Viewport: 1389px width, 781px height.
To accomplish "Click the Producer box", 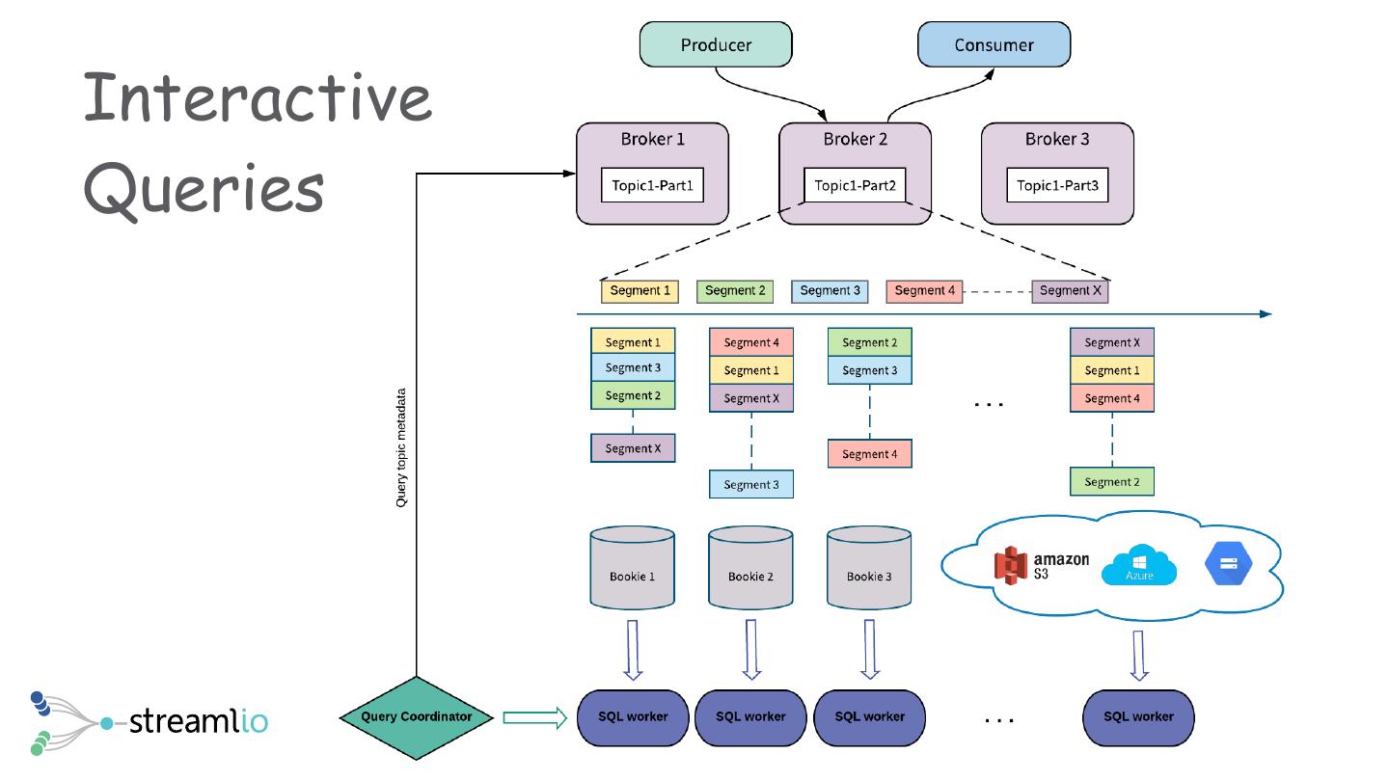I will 716,45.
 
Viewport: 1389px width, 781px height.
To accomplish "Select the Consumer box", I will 994,45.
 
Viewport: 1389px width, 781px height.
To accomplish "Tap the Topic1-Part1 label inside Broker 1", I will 652,185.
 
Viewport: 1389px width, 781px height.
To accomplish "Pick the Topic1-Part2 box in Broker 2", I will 855,185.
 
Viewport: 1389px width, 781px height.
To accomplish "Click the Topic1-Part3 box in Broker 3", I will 1057,185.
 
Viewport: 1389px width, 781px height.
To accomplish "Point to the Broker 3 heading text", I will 1057,140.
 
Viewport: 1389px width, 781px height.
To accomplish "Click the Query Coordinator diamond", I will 417,717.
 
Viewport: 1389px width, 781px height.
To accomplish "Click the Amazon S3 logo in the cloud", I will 1041,565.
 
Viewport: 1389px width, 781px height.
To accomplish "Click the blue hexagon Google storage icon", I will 1227,564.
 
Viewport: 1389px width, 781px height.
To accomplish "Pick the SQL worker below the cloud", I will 1138,717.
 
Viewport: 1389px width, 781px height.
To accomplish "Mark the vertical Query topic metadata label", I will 402,447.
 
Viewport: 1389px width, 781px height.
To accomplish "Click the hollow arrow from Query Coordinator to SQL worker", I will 533,717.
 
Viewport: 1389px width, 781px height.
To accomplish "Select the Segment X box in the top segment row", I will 1071,290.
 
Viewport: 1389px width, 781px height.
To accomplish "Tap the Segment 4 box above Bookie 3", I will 869,454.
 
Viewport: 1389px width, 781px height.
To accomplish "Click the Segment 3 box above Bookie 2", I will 750,484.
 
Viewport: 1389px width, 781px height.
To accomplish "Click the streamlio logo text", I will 198,720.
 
